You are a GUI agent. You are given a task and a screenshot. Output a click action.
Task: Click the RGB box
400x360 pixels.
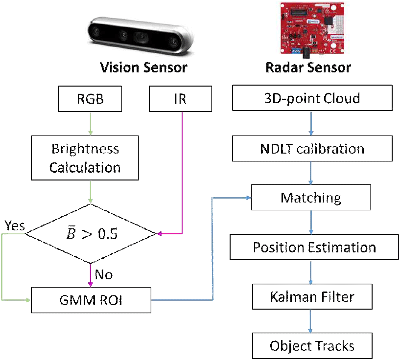coord(91,99)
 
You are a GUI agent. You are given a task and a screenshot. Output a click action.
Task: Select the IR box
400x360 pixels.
coord(181,99)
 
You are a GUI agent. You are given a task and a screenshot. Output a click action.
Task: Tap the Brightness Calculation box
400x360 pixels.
coord(84,158)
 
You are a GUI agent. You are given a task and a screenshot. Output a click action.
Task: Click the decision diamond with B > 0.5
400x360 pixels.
coord(91,233)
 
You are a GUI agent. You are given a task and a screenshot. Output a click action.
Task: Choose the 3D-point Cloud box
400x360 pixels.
coord(312,99)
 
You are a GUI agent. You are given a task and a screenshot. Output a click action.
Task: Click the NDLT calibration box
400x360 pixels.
coord(312,149)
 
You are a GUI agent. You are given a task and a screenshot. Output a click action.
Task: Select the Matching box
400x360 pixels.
coord(311,198)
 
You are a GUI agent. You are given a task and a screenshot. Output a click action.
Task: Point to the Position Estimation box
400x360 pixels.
coord(314,247)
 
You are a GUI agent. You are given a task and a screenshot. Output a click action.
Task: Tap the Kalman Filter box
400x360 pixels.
coord(312,296)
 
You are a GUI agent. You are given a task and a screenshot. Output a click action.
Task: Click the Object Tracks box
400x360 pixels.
coord(312,346)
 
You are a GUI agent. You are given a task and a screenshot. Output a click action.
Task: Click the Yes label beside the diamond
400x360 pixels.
coord(14,226)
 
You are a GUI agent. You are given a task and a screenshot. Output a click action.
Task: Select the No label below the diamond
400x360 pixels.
coord(104,274)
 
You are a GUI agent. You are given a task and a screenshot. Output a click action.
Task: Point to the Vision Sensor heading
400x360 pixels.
coord(143,67)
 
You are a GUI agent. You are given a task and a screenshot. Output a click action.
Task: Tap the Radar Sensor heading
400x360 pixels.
coord(308,67)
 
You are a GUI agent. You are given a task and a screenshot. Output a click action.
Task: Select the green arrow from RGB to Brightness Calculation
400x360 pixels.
coord(91,123)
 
